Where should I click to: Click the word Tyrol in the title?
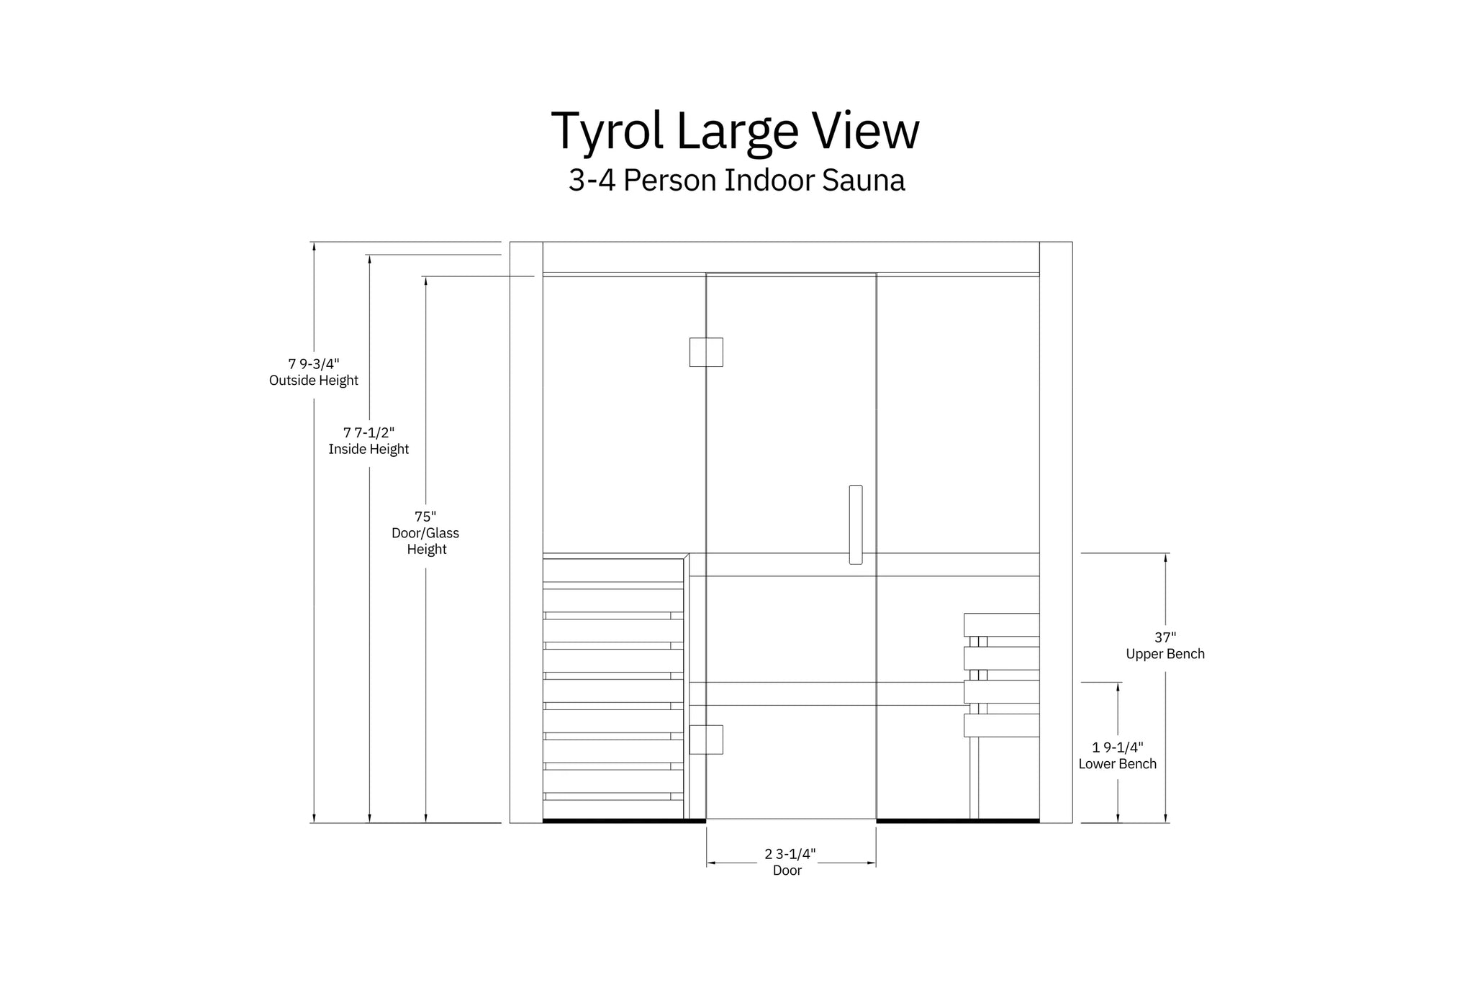(x=607, y=132)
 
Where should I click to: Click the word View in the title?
(x=866, y=132)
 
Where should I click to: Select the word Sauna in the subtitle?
(x=863, y=180)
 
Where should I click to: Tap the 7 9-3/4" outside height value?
(x=314, y=364)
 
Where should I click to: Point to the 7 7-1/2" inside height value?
(x=368, y=432)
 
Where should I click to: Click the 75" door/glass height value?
(x=425, y=517)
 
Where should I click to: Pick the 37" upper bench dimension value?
(x=1165, y=637)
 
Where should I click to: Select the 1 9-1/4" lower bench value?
(x=1117, y=747)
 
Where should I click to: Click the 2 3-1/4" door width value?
(x=790, y=854)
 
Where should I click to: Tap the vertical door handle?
(x=855, y=524)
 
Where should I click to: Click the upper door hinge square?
(x=706, y=353)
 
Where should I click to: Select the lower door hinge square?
(x=706, y=740)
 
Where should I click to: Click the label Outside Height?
(x=314, y=381)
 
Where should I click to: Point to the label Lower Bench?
(x=1117, y=764)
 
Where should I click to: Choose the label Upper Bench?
(x=1165, y=654)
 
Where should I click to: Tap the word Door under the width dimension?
(x=787, y=870)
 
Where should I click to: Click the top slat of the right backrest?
(x=1001, y=624)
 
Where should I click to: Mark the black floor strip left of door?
(x=623, y=820)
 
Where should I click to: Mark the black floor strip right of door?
(x=957, y=820)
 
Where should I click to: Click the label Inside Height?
(x=368, y=450)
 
